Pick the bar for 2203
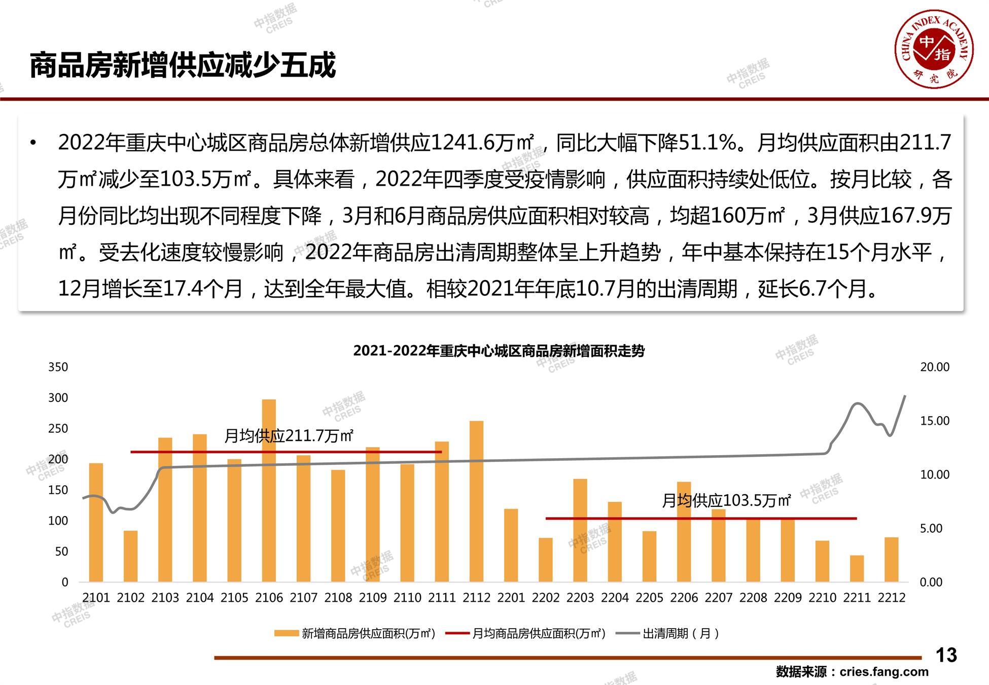(580, 530)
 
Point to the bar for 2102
(130, 556)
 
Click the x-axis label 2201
(511, 598)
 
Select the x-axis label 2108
(338, 598)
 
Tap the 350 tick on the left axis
(58, 367)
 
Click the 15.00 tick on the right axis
(935, 421)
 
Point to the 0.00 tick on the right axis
(931, 582)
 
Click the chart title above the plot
(499, 351)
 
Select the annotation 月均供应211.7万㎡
(289, 435)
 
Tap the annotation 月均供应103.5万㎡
(726, 500)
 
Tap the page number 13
(946, 655)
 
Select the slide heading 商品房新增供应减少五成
(183, 65)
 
